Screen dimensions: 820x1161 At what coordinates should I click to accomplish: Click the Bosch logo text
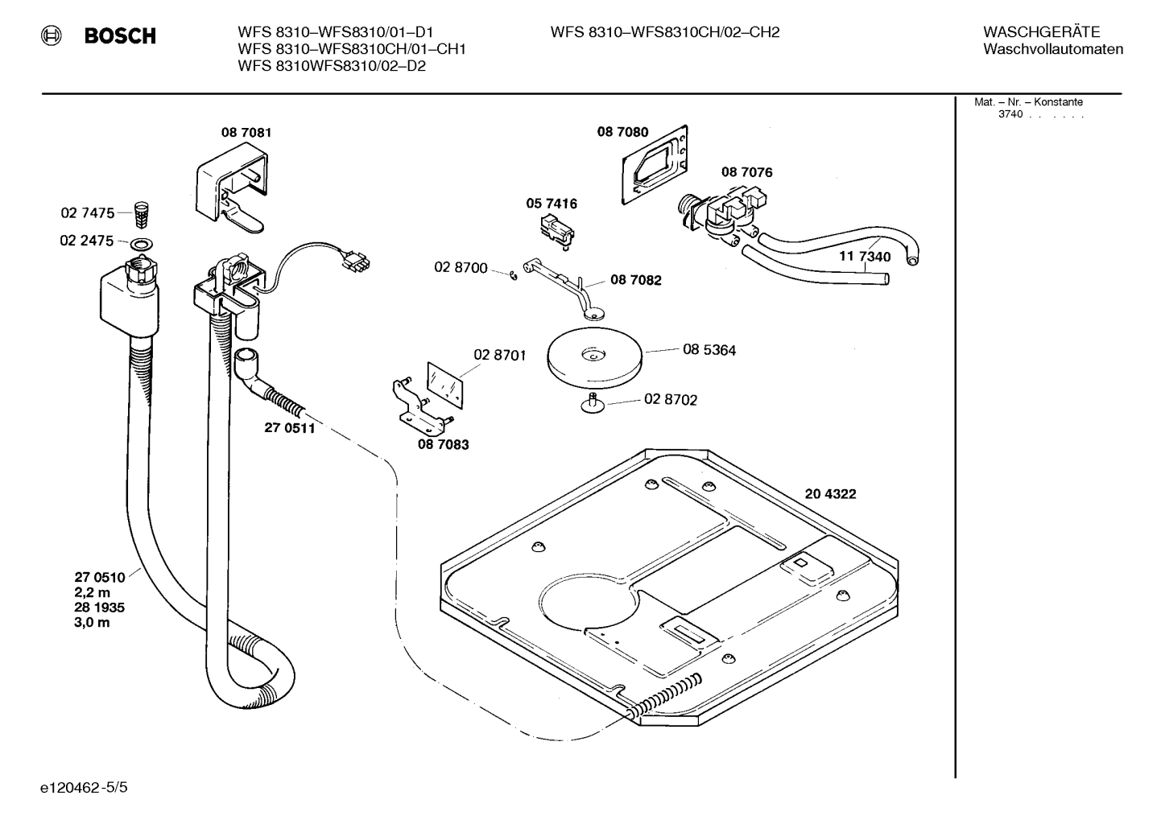point(119,36)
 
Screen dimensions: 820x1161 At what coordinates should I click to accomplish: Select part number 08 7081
point(246,132)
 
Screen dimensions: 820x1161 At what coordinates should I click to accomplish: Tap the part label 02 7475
point(87,213)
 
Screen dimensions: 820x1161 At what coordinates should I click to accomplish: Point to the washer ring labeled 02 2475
point(142,243)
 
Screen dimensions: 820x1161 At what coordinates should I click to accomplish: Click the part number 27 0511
point(289,428)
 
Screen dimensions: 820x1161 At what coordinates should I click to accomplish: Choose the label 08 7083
point(443,444)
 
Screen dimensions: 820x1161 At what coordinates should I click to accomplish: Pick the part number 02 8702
point(671,399)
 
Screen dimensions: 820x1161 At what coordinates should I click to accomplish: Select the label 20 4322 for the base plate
point(830,494)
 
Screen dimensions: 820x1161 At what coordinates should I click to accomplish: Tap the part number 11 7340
point(865,257)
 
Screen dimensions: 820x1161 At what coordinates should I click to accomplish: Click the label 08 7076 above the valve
point(746,172)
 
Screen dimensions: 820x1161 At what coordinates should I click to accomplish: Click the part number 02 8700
point(461,267)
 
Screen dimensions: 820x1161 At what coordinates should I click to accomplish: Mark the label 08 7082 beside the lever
point(635,280)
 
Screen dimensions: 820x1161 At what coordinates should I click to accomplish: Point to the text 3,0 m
point(92,623)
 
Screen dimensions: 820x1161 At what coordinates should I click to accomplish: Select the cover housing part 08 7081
point(229,189)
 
